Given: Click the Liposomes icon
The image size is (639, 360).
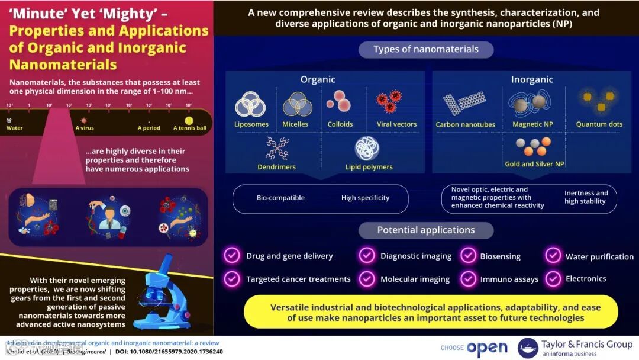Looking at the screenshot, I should click(x=250, y=105).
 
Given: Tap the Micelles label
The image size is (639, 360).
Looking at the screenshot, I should click(x=295, y=124).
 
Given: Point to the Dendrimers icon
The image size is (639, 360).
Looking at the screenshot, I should click(x=277, y=149).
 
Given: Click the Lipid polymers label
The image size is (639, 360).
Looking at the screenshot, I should click(x=369, y=167).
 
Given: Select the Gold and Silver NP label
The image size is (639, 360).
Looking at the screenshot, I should click(x=534, y=164).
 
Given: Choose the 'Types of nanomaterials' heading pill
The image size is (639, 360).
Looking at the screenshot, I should click(x=426, y=49).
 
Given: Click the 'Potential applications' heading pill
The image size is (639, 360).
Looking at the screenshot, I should click(x=426, y=230).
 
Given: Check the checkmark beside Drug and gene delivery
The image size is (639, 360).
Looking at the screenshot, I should click(x=231, y=256).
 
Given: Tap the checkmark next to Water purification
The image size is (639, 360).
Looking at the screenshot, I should click(x=553, y=256).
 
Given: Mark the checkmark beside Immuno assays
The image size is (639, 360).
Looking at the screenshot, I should click(x=469, y=278).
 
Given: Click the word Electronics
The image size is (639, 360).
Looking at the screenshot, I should click(x=586, y=278).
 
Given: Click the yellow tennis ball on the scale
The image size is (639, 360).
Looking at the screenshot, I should click(x=189, y=121).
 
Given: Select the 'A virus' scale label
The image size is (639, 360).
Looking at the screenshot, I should click(x=84, y=128).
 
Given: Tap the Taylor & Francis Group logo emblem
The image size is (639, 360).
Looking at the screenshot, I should click(x=528, y=348).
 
